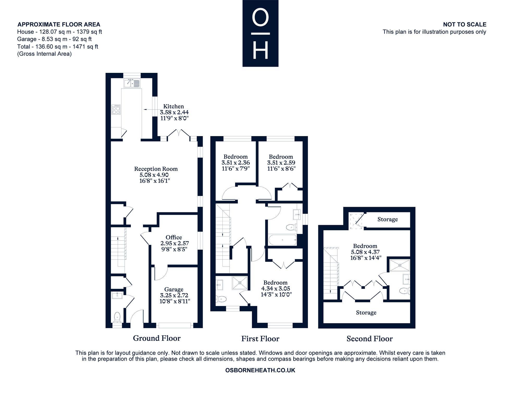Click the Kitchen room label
[x=173, y=106]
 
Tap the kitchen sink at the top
[x=132, y=83]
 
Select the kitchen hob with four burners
[x=116, y=110]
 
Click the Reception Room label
[x=156, y=169]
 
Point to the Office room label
[x=174, y=237]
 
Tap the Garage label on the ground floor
[x=174, y=290]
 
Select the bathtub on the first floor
[x=282, y=240]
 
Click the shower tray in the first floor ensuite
[x=240, y=283]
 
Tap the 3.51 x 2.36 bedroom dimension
[x=235, y=163]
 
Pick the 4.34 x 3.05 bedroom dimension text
[x=276, y=289]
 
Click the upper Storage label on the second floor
[x=388, y=219]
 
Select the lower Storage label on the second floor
[x=366, y=312]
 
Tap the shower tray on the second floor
[x=400, y=265]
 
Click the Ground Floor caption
[x=157, y=338]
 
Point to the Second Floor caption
[x=369, y=339]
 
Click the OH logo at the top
[x=260, y=33]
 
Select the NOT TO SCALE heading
[x=465, y=24]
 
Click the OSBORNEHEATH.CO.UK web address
[x=260, y=370]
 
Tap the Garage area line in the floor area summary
[x=54, y=39]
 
